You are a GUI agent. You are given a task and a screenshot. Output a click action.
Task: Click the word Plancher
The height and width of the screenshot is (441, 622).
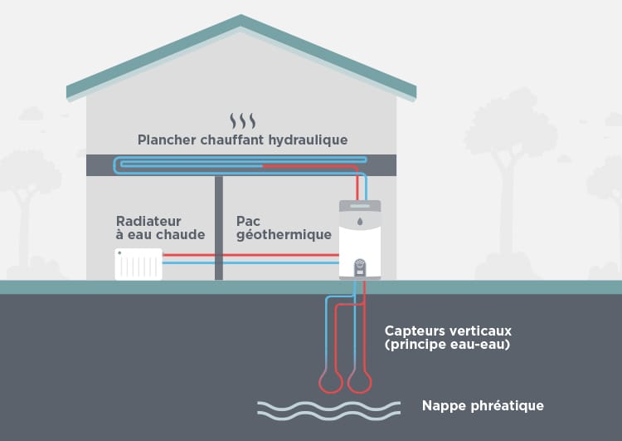point(163,140)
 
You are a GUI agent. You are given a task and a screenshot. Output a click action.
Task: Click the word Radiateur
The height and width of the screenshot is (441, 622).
point(148,221)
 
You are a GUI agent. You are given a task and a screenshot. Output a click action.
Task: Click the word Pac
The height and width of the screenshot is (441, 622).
point(248,221)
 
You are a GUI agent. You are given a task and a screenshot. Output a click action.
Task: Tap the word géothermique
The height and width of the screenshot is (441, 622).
point(284,235)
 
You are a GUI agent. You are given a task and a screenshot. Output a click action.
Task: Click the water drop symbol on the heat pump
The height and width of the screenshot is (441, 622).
point(360,223)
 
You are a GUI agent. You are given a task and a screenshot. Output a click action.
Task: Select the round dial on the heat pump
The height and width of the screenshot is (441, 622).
point(360,265)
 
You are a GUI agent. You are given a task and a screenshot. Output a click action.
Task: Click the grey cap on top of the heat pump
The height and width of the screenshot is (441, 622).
point(360,203)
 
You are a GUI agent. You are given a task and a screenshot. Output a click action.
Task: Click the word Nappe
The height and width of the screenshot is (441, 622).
point(445,406)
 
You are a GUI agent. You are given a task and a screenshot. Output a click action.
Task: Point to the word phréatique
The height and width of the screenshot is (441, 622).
point(507,406)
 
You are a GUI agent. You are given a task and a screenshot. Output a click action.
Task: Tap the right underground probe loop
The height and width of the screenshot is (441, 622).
point(358,381)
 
